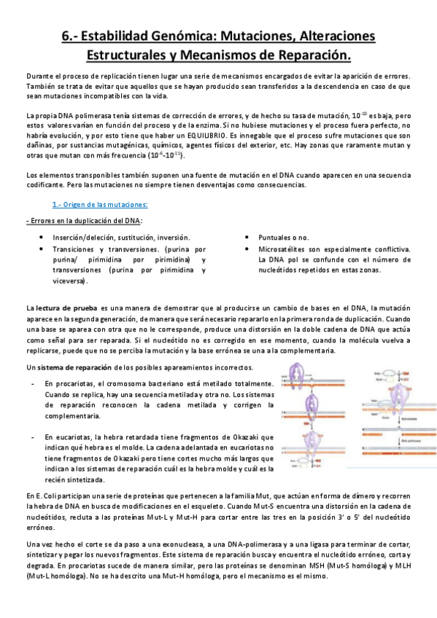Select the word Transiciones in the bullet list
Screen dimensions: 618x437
(x=75, y=249)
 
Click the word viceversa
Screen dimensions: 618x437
(x=70, y=281)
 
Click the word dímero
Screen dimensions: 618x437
(x=317, y=496)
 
